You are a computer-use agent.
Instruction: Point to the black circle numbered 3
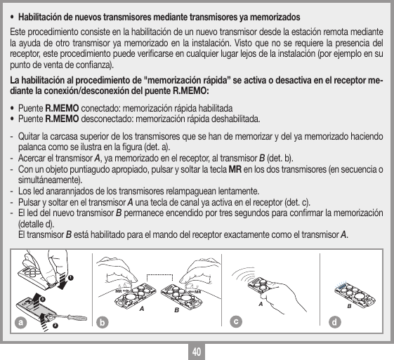click(43, 298)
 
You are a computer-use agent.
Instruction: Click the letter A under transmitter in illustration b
click(143, 307)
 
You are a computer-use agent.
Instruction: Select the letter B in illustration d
click(349, 306)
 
